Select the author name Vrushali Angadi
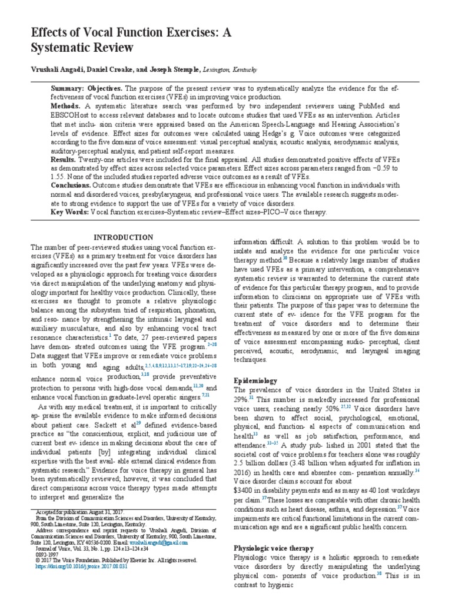[x=58, y=69]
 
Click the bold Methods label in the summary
[x=65, y=107]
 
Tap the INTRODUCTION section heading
[x=128, y=237]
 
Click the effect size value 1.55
[x=58, y=176]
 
